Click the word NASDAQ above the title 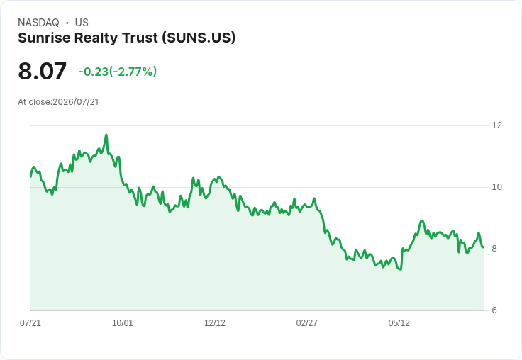coord(38,23)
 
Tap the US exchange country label coord(82,23)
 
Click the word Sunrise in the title coord(43,38)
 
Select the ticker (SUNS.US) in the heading coord(199,38)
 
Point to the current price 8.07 coord(43,71)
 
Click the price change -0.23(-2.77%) coord(118,72)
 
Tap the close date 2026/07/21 coord(76,102)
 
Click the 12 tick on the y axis coord(496,125)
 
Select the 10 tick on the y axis coord(496,187)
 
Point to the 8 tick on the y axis coord(494,249)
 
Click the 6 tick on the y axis coord(494,310)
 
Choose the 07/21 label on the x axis coord(30,322)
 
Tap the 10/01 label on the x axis coord(123,322)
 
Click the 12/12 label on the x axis coord(215,322)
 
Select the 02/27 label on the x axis coord(306,322)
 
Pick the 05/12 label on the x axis coord(399,322)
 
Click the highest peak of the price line coord(106,135)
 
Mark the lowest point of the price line coord(401,269)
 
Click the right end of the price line coord(483,247)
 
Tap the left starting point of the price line coord(30,176)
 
